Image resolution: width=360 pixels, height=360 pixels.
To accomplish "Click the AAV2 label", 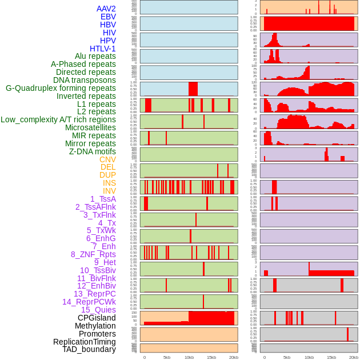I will point(106,9).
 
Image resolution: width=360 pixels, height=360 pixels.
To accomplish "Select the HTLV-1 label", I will point(103,49).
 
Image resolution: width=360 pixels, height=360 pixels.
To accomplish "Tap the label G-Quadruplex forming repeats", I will point(61,88).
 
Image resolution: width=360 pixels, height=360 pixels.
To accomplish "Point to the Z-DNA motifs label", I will point(93,151).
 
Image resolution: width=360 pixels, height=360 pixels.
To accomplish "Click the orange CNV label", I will point(107,159).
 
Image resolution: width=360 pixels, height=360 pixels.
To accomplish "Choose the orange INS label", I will point(109,183).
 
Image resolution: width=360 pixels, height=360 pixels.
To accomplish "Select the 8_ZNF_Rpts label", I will point(93,254).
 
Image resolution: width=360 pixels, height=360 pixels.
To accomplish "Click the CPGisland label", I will point(97,318).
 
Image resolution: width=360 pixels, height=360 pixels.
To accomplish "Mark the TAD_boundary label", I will point(89,349).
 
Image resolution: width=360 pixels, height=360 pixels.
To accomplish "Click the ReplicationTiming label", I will point(84,342).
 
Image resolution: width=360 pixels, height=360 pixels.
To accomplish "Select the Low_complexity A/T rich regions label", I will point(58,119).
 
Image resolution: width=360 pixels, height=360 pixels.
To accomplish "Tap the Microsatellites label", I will point(90,127).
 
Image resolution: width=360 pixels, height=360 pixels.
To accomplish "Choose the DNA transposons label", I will point(85,80).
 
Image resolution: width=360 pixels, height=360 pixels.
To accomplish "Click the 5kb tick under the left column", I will point(167,357).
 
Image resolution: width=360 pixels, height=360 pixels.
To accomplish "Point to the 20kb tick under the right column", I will point(354,357).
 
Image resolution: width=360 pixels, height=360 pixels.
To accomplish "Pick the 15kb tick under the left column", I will point(211,357).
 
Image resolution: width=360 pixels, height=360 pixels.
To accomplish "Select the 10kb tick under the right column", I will point(309,357).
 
